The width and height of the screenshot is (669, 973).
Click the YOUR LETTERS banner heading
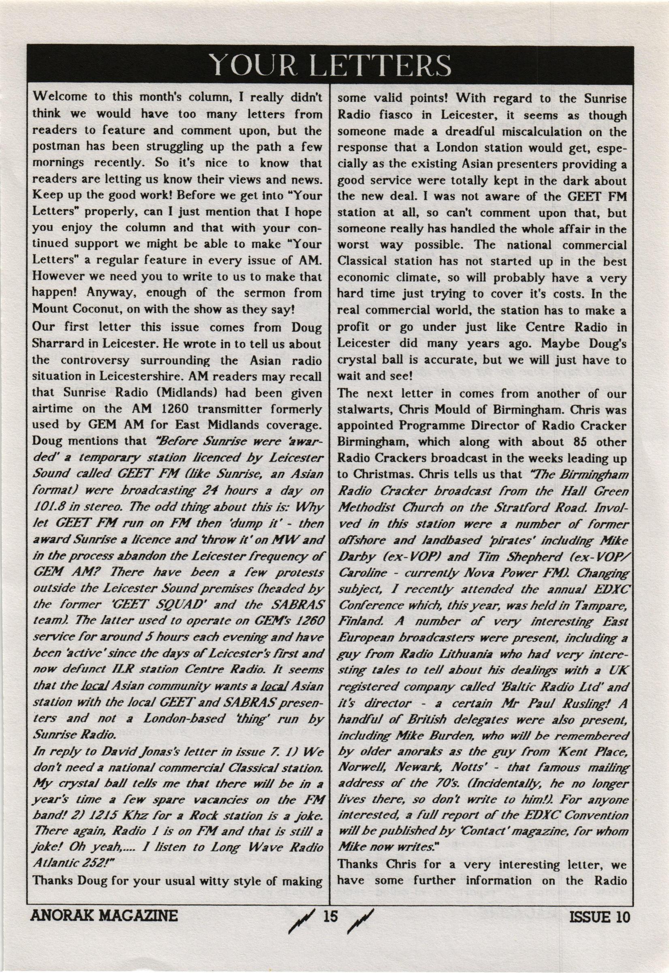coord(330,65)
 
